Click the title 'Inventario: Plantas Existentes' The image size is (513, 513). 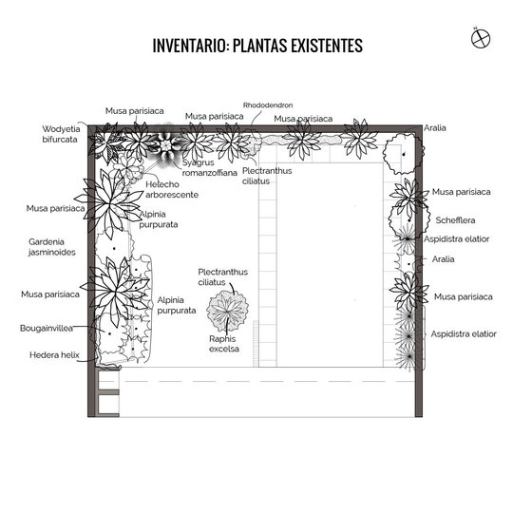pyautogui.click(x=257, y=46)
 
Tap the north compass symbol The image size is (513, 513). pyautogui.click(x=481, y=38)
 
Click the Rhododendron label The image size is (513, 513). pyautogui.click(x=268, y=105)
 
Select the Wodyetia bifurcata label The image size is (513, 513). pyautogui.click(x=61, y=134)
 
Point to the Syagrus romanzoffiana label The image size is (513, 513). pyautogui.click(x=209, y=167)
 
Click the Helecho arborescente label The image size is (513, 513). pyautogui.click(x=172, y=189)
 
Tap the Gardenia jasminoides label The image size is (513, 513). pyautogui.click(x=51, y=247)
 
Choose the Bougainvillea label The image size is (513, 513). pyautogui.click(x=47, y=328)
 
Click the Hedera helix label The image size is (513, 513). pyautogui.click(x=54, y=354)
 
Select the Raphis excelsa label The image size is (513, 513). pyautogui.click(x=224, y=344)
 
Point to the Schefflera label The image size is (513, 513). pyautogui.click(x=455, y=219)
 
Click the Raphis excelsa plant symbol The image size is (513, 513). pyautogui.click(x=227, y=310)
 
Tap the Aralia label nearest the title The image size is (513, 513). pyautogui.click(x=435, y=127)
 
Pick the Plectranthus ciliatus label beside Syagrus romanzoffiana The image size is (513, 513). pyautogui.click(x=267, y=176)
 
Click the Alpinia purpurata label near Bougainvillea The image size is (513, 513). pyautogui.click(x=177, y=305)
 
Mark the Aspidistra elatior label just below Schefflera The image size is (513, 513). pyautogui.click(x=456, y=238)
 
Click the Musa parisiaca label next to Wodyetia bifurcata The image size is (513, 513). pyautogui.click(x=135, y=111)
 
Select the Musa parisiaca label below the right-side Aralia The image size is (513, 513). pyautogui.click(x=463, y=296)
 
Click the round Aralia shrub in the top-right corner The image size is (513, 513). pyautogui.click(x=404, y=153)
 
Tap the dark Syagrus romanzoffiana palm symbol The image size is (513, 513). pyautogui.click(x=167, y=144)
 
